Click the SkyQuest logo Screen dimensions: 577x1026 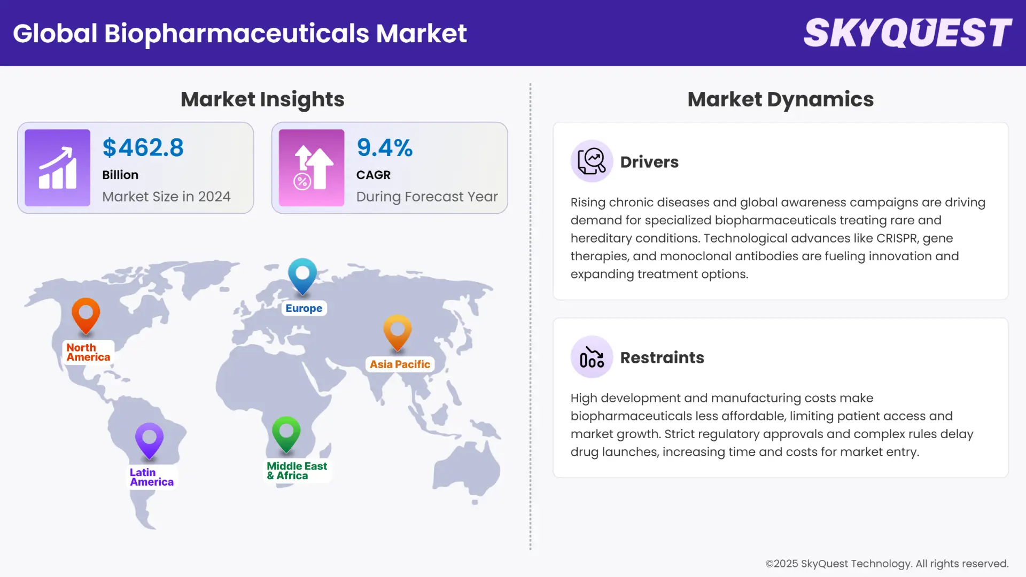click(x=907, y=33)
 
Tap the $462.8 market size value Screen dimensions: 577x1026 click(x=143, y=148)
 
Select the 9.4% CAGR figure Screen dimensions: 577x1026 click(x=385, y=148)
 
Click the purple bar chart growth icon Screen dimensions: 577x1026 click(x=58, y=168)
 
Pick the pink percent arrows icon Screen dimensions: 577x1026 click(x=312, y=168)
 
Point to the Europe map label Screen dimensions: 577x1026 click(x=304, y=308)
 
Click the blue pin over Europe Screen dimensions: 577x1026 click(x=302, y=275)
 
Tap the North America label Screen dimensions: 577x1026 click(x=88, y=353)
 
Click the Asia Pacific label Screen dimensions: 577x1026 click(x=400, y=364)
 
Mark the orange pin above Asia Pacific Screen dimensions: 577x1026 click(x=398, y=331)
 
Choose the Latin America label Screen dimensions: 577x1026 click(x=151, y=477)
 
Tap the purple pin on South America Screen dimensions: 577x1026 click(x=150, y=439)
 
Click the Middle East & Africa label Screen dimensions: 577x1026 click(x=297, y=471)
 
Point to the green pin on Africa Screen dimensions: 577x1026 click(x=286, y=433)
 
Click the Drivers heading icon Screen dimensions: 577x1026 click(x=592, y=161)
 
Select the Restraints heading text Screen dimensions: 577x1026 click(x=662, y=357)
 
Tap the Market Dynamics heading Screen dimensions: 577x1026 click(x=780, y=99)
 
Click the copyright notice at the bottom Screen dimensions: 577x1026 click(x=887, y=564)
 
